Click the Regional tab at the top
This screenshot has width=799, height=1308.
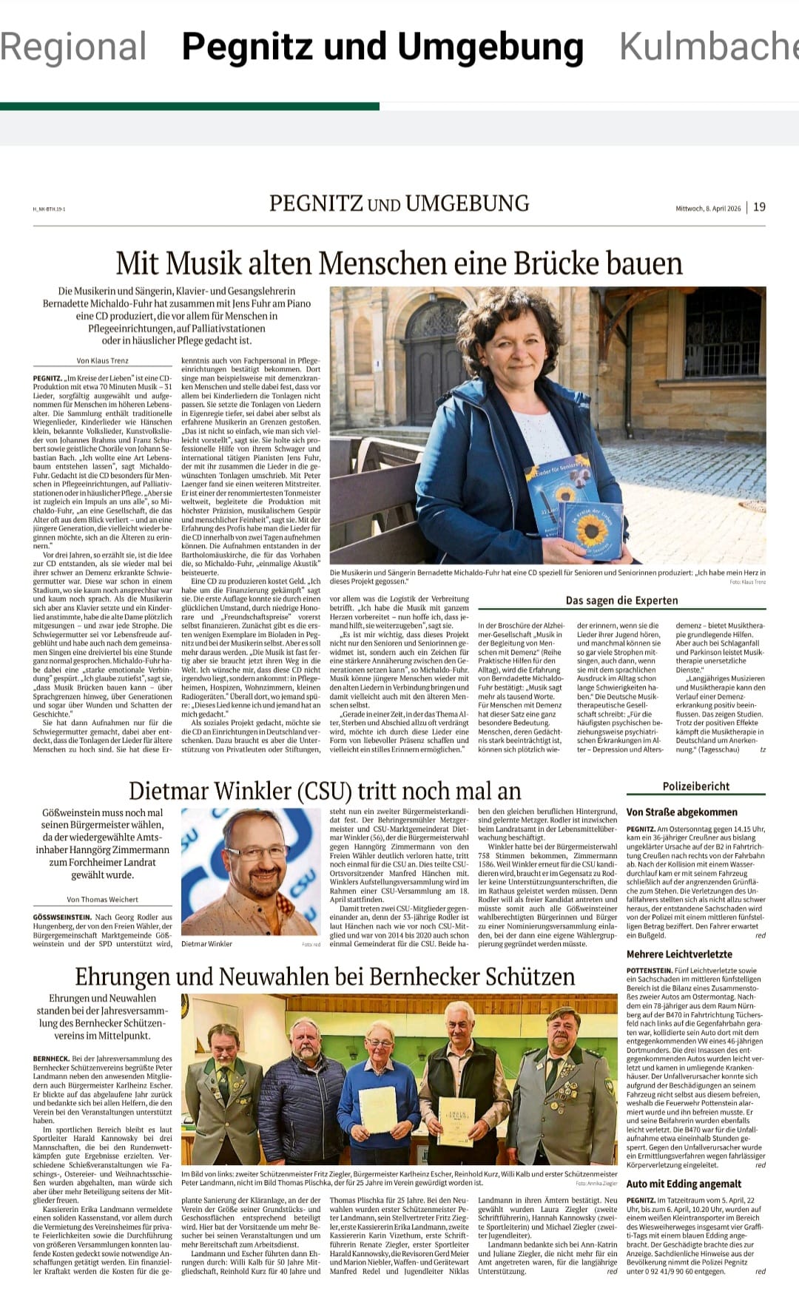(73, 47)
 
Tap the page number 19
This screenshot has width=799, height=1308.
(759, 207)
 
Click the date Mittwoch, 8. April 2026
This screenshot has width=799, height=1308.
(707, 208)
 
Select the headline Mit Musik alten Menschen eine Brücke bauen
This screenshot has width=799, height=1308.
(399, 263)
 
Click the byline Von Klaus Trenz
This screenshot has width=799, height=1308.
(102, 360)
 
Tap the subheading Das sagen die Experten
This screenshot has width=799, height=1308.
(621, 600)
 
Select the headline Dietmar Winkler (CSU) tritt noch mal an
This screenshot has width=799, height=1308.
(325, 790)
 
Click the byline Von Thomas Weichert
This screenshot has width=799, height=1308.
(102, 900)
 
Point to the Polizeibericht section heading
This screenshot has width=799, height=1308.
(695, 786)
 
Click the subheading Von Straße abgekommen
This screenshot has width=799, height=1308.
(681, 812)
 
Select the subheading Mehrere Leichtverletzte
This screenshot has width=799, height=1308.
(679, 954)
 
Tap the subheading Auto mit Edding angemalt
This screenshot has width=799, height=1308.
(684, 1184)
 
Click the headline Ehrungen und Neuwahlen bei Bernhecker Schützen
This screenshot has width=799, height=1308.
(325, 977)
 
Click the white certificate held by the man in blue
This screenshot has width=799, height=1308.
(377, 1109)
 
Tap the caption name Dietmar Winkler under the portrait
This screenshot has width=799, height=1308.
(206, 944)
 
